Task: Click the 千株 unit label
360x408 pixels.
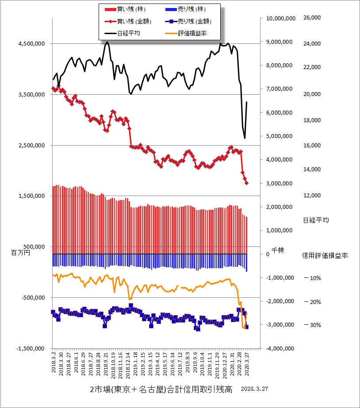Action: pyautogui.click(x=277, y=250)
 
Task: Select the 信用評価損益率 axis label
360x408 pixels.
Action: pyautogui.click(x=325, y=255)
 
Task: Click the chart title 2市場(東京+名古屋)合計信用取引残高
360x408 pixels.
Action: pyautogui.click(x=161, y=389)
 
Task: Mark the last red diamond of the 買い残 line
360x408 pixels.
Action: pyautogui.click(x=247, y=183)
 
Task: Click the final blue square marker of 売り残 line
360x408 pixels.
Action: pyautogui.click(x=246, y=327)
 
